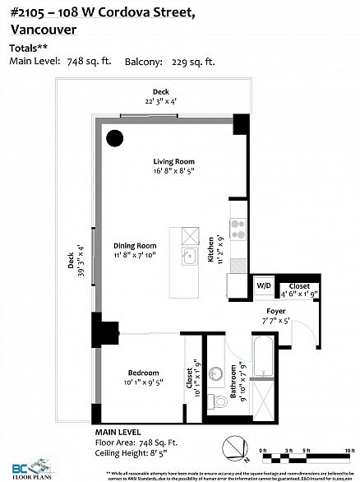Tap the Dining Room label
pos(135,246)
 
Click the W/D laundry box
pos(264,285)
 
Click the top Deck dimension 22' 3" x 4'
pos(160,100)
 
